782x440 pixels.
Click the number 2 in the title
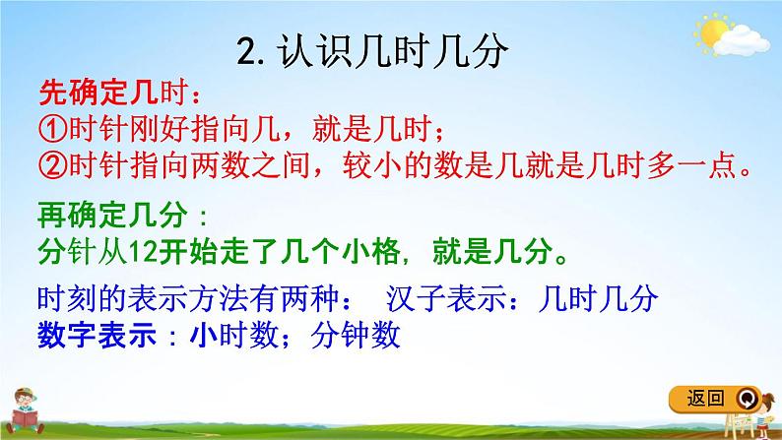click(247, 50)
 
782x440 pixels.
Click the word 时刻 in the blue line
click(66, 297)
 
